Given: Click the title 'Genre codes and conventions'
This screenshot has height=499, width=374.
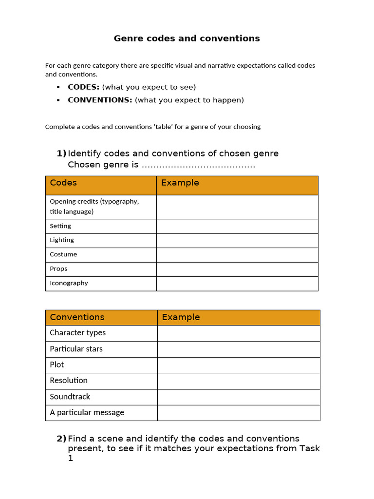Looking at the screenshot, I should (x=187, y=38).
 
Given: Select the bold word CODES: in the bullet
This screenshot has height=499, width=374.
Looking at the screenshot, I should (x=83, y=87).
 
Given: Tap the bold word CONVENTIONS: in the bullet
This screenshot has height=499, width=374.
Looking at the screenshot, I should (x=100, y=100).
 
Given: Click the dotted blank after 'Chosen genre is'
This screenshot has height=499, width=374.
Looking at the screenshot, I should (x=198, y=165).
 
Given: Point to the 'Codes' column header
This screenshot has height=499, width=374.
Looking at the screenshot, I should (x=63, y=183).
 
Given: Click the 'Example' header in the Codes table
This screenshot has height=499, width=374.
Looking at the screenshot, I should (x=180, y=183).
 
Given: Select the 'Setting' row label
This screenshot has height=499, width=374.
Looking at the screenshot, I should (x=60, y=226).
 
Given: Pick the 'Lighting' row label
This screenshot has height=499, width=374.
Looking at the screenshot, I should (x=62, y=240).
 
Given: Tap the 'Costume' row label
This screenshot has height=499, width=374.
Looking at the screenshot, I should (x=63, y=254).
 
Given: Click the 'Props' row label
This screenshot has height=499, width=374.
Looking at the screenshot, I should (x=58, y=269).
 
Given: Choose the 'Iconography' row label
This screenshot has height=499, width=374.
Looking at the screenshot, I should (x=69, y=283).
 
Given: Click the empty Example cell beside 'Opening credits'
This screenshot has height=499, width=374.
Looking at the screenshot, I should (x=237, y=207).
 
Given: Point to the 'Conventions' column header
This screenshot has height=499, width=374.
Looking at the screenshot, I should (x=77, y=317).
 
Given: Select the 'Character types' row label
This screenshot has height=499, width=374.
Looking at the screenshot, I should (x=77, y=333).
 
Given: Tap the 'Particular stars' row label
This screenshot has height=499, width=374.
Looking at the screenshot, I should (x=76, y=349).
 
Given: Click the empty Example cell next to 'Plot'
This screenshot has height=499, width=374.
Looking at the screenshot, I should (x=238, y=365).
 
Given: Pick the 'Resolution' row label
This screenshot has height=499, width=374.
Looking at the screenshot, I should (x=69, y=381).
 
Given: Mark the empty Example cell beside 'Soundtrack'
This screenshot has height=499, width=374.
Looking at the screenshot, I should (x=238, y=397).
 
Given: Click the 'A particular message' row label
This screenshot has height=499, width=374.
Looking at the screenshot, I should (x=87, y=413).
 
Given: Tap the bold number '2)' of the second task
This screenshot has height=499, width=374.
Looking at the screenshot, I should (x=61, y=439).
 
